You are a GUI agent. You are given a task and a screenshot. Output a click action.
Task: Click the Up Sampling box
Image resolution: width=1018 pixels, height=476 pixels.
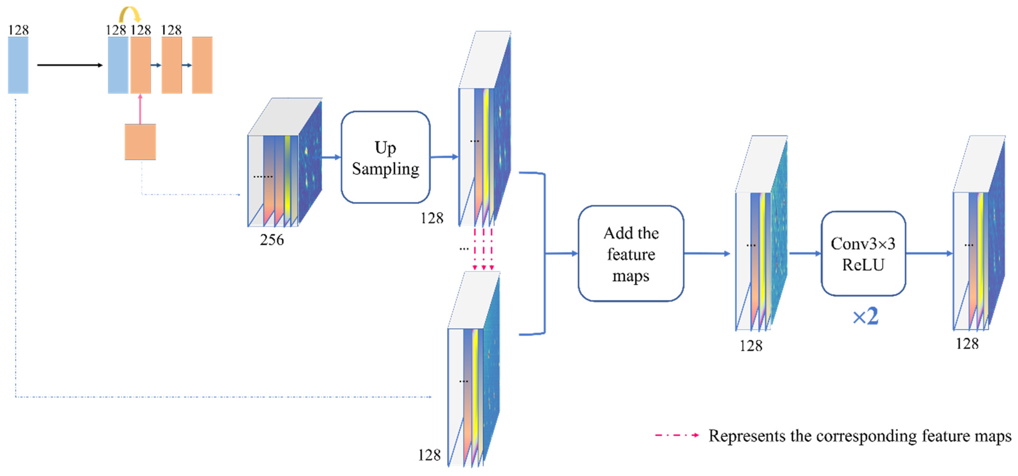pyautogui.click(x=385, y=157)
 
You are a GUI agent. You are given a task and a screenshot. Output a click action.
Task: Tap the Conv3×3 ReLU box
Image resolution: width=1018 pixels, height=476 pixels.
pyautogui.click(x=863, y=254)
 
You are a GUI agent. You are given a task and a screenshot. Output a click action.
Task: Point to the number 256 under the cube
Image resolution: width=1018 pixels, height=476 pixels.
pyautogui.click(x=272, y=240)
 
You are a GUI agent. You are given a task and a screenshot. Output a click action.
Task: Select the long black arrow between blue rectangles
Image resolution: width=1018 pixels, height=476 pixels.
pyautogui.click(x=69, y=65)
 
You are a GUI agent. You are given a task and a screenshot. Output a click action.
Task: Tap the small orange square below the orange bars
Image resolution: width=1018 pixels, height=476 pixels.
pyautogui.click(x=140, y=142)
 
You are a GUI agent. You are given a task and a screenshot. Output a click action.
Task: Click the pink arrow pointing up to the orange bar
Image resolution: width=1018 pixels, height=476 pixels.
pyautogui.click(x=140, y=109)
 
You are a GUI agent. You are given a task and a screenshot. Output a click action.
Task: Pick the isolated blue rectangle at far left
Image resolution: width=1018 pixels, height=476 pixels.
pyautogui.click(x=18, y=65)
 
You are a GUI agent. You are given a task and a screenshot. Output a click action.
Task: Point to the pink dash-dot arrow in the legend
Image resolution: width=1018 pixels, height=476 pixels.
pyautogui.click(x=677, y=435)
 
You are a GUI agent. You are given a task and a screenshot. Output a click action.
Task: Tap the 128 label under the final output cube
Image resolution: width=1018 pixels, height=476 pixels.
pyautogui.click(x=967, y=344)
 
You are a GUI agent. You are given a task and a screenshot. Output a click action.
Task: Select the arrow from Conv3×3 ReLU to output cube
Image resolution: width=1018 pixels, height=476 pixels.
pyautogui.click(x=929, y=254)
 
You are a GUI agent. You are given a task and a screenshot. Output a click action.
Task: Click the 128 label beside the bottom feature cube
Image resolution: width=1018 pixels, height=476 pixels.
pyautogui.click(x=429, y=455)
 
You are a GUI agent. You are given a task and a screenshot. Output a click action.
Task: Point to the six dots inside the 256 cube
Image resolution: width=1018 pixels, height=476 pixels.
pyautogui.click(x=263, y=177)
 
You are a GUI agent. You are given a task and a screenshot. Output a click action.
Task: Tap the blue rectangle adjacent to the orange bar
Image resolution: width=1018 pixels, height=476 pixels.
pyautogui.click(x=118, y=65)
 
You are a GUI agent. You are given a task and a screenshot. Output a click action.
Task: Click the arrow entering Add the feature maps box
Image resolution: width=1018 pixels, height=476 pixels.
pyautogui.click(x=561, y=254)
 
